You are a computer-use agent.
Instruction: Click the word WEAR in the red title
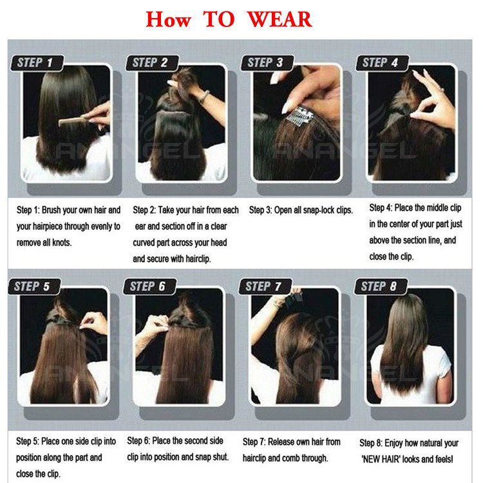coord(279,19)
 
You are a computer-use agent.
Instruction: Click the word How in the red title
coord(168,19)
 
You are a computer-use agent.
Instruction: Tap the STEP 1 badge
coord(37,63)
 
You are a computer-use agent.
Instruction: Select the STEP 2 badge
coord(152,63)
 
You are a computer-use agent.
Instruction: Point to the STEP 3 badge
coord(267,63)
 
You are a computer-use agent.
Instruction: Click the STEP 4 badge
coord(383,63)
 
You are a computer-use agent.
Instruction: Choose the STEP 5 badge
coord(35,287)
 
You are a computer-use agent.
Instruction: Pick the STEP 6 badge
coord(149,287)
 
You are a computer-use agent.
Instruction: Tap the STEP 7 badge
coord(265,287)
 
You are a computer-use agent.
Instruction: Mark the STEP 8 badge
coord(381,287)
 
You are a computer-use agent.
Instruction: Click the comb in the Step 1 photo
coord(73,120)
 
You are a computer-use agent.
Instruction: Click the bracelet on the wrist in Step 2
coord(204,96)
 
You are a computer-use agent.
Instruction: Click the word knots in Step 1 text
coord(61,243)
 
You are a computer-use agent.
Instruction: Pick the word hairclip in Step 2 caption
coord(198,259)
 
